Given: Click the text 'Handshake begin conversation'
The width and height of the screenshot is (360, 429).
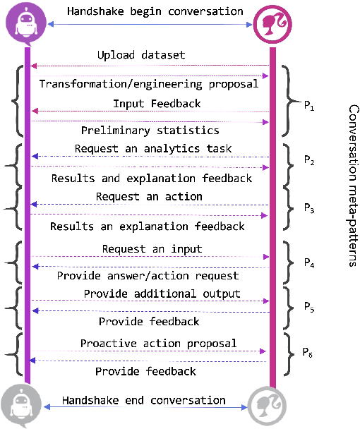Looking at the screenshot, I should (x=155, y=11).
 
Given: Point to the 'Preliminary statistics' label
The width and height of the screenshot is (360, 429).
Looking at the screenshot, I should (x=150, y=130).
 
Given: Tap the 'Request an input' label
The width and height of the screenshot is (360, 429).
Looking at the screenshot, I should (x=152, y=248).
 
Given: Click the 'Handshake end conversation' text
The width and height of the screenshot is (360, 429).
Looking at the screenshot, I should (x=143, y=400).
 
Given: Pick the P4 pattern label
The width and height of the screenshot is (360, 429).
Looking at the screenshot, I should (x=308, y=262).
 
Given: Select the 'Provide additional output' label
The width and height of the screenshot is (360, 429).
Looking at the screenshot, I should (x=162, y=293).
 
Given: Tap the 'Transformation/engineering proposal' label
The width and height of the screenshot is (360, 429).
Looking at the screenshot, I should (x=148, y=84).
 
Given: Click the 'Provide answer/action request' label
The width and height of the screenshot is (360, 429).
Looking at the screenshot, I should (x=148, y=275).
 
